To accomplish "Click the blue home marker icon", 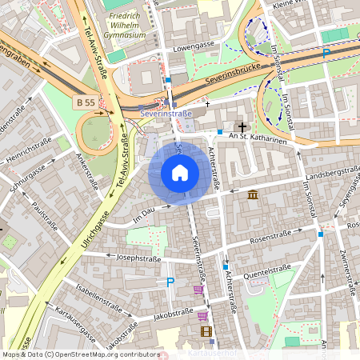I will tap(180, 173).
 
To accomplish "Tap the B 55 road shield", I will tap(86, 102).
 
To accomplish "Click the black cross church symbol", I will tap(242, 127).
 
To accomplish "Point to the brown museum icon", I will tap(253, 195).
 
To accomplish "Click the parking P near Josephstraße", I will tap(170, 282).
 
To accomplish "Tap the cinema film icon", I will tap(206, 331).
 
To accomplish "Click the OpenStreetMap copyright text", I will tap(80, 354).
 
